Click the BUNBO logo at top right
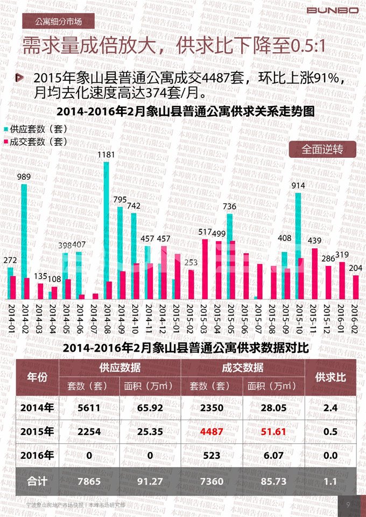pos(332,10)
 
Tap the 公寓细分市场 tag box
pos(59,22)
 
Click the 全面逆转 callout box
pos(322,149)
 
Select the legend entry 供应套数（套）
pos(36,130)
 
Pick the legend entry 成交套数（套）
pos(36,142)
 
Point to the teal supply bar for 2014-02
pos(24,241)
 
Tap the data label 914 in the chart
pos(298,186)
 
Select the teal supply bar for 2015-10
pos(298,246)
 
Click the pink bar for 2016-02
pos(356,287)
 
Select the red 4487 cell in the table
pos(212,431)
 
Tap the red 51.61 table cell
pos(273,431)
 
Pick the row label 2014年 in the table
pos(37,408)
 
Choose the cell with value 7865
pos(89,481)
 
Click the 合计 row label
pos(37,481)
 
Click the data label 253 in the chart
pos(192,262)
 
